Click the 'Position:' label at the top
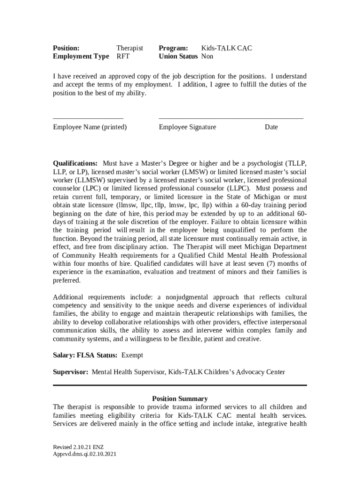coord(66,48)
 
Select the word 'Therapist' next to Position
coord(130,48)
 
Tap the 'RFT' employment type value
coord(123,57)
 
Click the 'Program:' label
coord(173,48)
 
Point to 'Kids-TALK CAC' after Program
coord(227,48)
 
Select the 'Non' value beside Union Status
coord(207,57)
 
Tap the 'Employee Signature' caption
coord(187,127)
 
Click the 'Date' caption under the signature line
coord(271,127)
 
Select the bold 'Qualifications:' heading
coord(75,163)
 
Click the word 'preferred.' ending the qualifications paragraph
coord(67,281)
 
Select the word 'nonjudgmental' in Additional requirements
coord(185,297)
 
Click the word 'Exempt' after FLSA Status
coord(132,356)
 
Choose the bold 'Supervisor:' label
coord(71,372)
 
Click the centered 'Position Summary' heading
coord(180,399)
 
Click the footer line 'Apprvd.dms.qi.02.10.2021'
coord(85,454)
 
